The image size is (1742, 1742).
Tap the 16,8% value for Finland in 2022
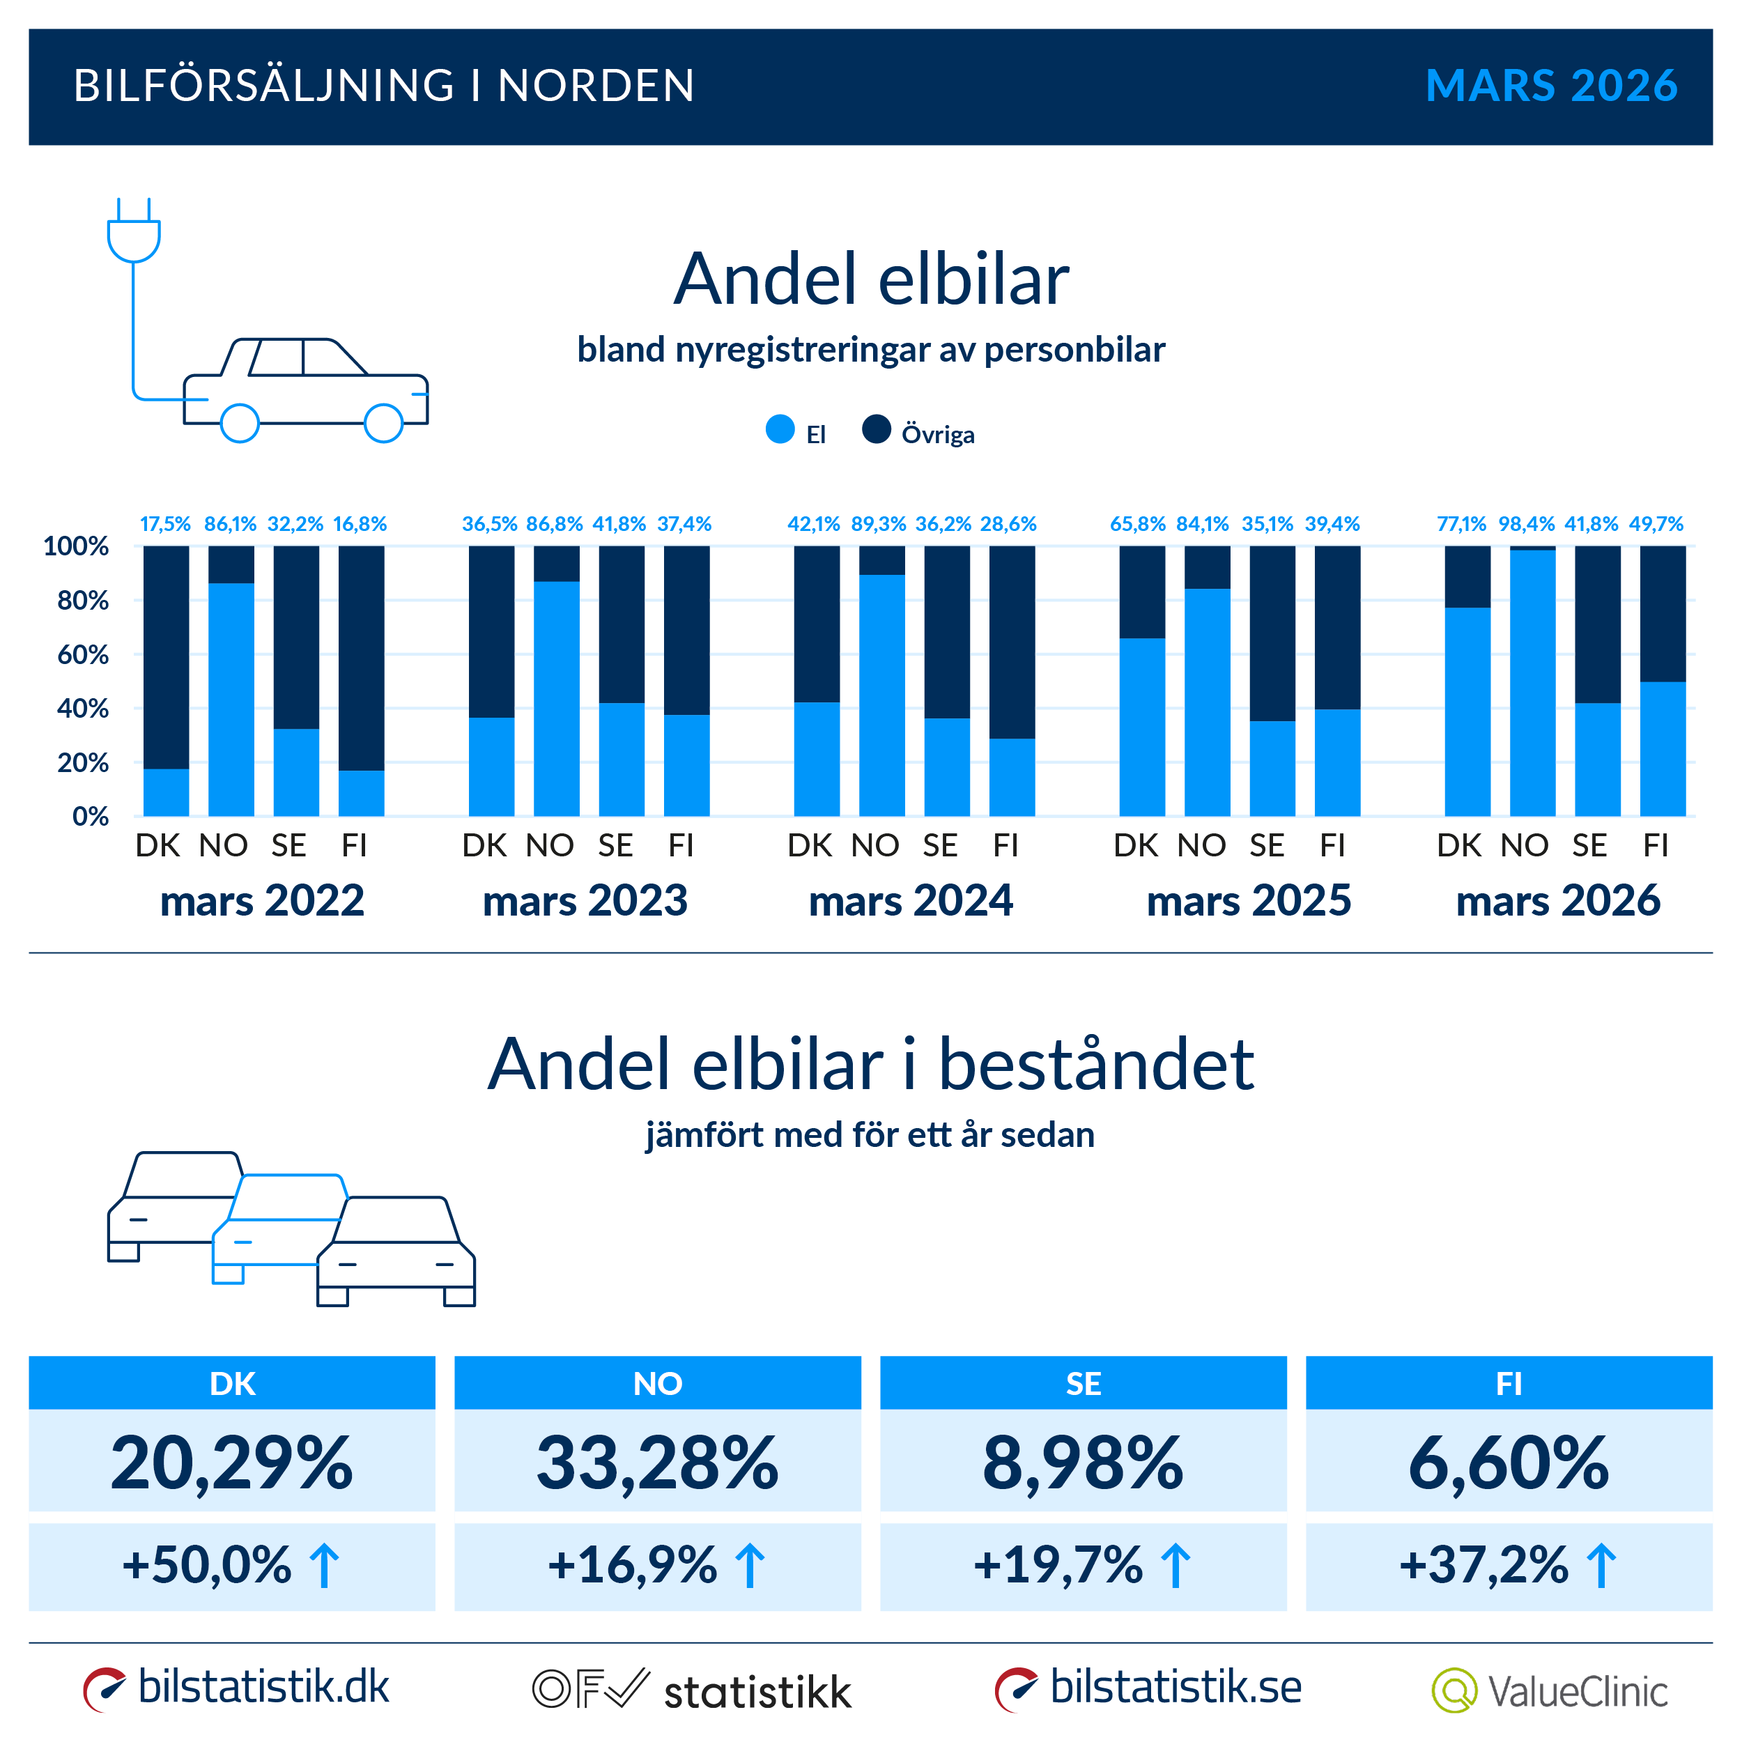360,524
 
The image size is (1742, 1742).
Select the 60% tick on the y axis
82,654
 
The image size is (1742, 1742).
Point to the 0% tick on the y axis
90,817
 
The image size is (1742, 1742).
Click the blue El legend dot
780,429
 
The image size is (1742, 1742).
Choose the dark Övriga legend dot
877,429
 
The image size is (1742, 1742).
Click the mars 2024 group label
911,901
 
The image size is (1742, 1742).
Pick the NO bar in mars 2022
231,681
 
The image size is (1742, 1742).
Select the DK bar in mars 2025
1141,681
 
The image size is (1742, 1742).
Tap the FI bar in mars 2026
1662,681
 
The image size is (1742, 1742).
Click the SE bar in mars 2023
622,681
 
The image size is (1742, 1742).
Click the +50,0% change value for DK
208,1564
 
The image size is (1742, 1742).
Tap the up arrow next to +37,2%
1601,1565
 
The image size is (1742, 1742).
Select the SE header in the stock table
1083,1383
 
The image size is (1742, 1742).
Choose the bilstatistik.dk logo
236,1688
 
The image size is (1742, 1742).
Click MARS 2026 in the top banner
1551,86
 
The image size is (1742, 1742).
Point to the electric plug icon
134,233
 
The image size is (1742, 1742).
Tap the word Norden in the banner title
596,86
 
